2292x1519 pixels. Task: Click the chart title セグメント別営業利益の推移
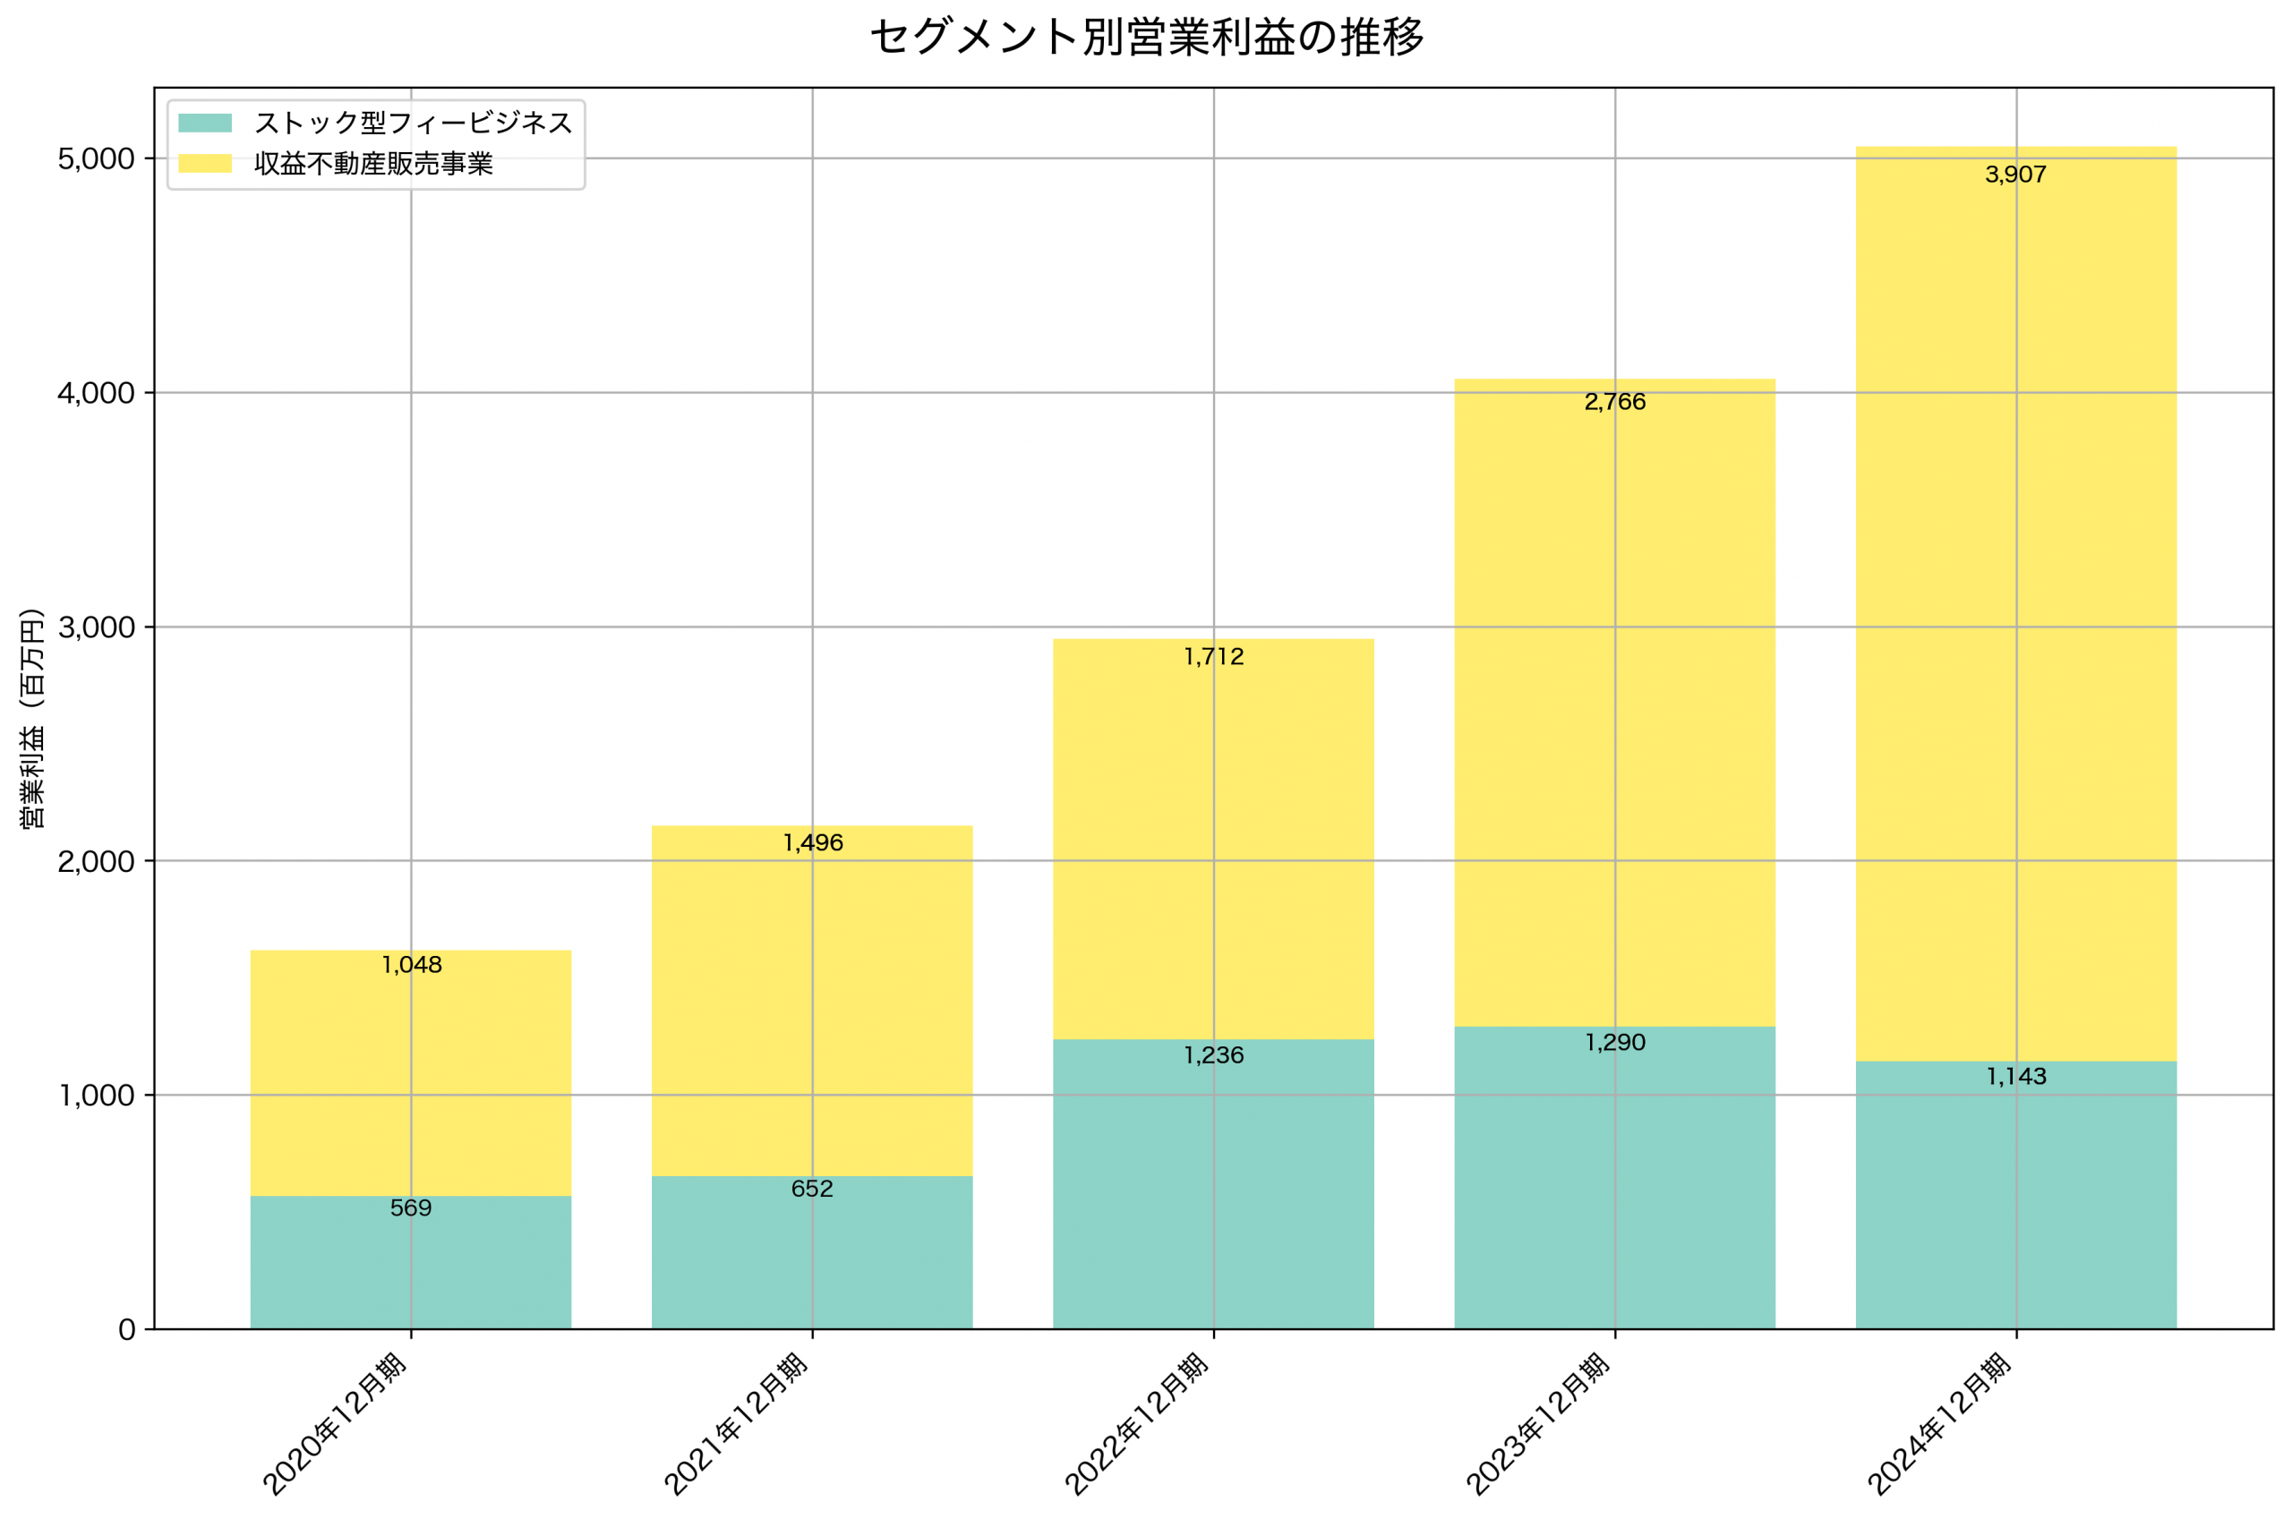(1146, 38)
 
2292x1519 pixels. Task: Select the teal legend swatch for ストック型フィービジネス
(204, 123)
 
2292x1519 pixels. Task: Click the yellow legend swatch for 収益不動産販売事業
(204, 164)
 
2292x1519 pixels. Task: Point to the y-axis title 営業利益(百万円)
(32, 718)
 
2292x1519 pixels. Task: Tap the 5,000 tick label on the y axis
(96, 158)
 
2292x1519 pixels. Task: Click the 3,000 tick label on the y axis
(96, 627)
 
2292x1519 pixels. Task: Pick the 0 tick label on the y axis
(127, 1329)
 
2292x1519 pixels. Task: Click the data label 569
(411, 1208)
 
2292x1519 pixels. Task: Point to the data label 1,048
(412, 965)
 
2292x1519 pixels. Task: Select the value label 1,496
(813, 843)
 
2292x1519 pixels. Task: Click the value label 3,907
(2016, 175)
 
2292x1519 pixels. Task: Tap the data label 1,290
(1615, 1043)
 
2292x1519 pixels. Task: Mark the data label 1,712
(1214, 657)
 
